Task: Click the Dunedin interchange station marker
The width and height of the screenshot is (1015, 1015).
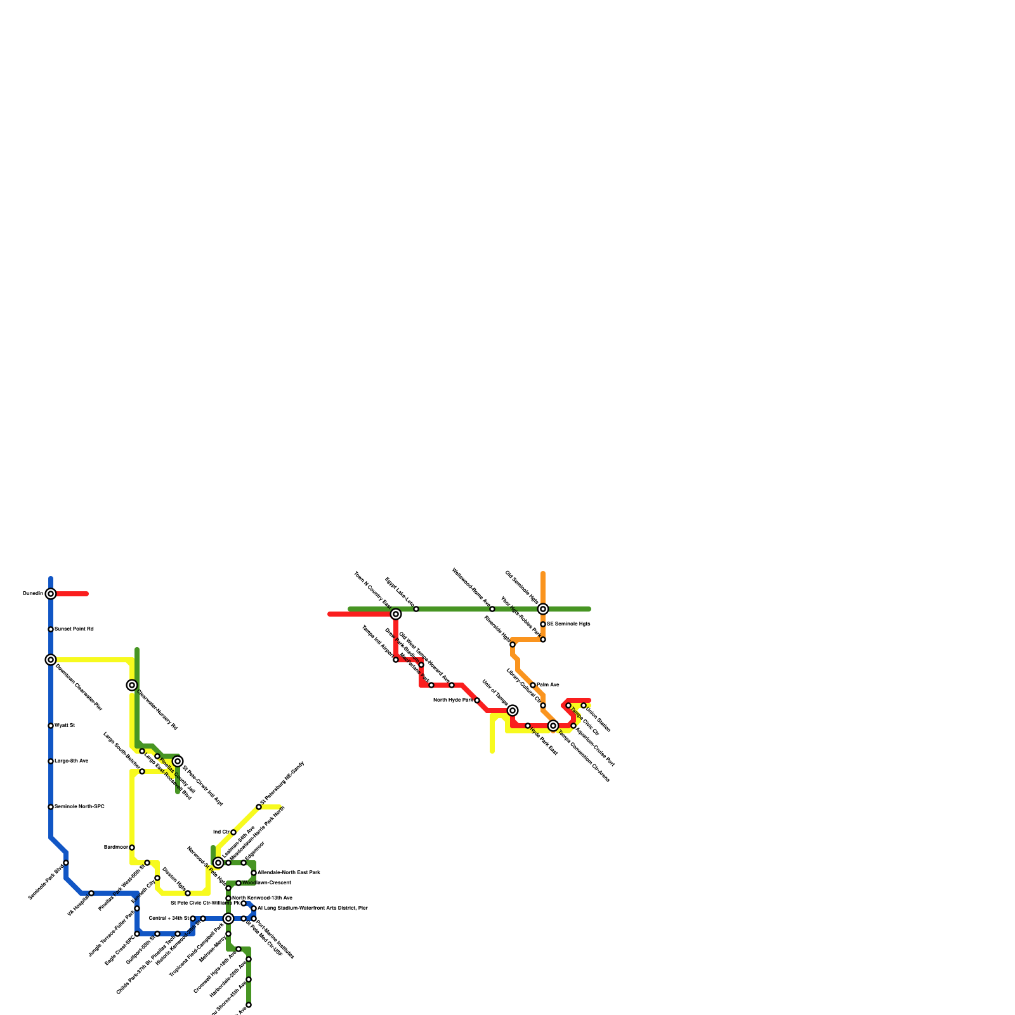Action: [x=51, y=594]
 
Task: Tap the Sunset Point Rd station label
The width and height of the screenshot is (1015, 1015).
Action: [x=74, y=629]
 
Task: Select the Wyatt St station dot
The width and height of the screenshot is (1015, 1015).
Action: [x=51, y=726]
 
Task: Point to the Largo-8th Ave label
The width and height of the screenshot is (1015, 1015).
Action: [x=72, y=761]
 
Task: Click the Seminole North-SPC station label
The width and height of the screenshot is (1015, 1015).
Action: [x=79, y=807]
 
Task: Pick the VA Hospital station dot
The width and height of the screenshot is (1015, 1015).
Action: [x=91, y=893]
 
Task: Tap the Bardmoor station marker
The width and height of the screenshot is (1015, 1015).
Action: [x=132, y=848]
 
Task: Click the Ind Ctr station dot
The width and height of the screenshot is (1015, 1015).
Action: [x=233, y=832]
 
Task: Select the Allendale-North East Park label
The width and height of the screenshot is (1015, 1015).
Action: [x=289, y=873]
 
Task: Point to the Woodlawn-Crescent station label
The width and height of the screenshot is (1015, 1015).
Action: [x=266, y=883]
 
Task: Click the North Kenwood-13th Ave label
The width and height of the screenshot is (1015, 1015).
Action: [x=262, y=898]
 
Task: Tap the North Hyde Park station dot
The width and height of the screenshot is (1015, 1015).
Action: [x=477, y=700]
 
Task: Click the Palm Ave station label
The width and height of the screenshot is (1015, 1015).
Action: [x=548, y=685]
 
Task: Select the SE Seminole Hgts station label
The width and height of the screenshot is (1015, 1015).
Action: [x=568, y=624]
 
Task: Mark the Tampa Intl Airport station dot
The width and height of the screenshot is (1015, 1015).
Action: [x=396, y=660]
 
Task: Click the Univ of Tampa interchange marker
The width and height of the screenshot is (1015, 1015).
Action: [x=513, y=710]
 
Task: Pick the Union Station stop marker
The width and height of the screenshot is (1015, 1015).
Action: [x=584, y=705]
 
